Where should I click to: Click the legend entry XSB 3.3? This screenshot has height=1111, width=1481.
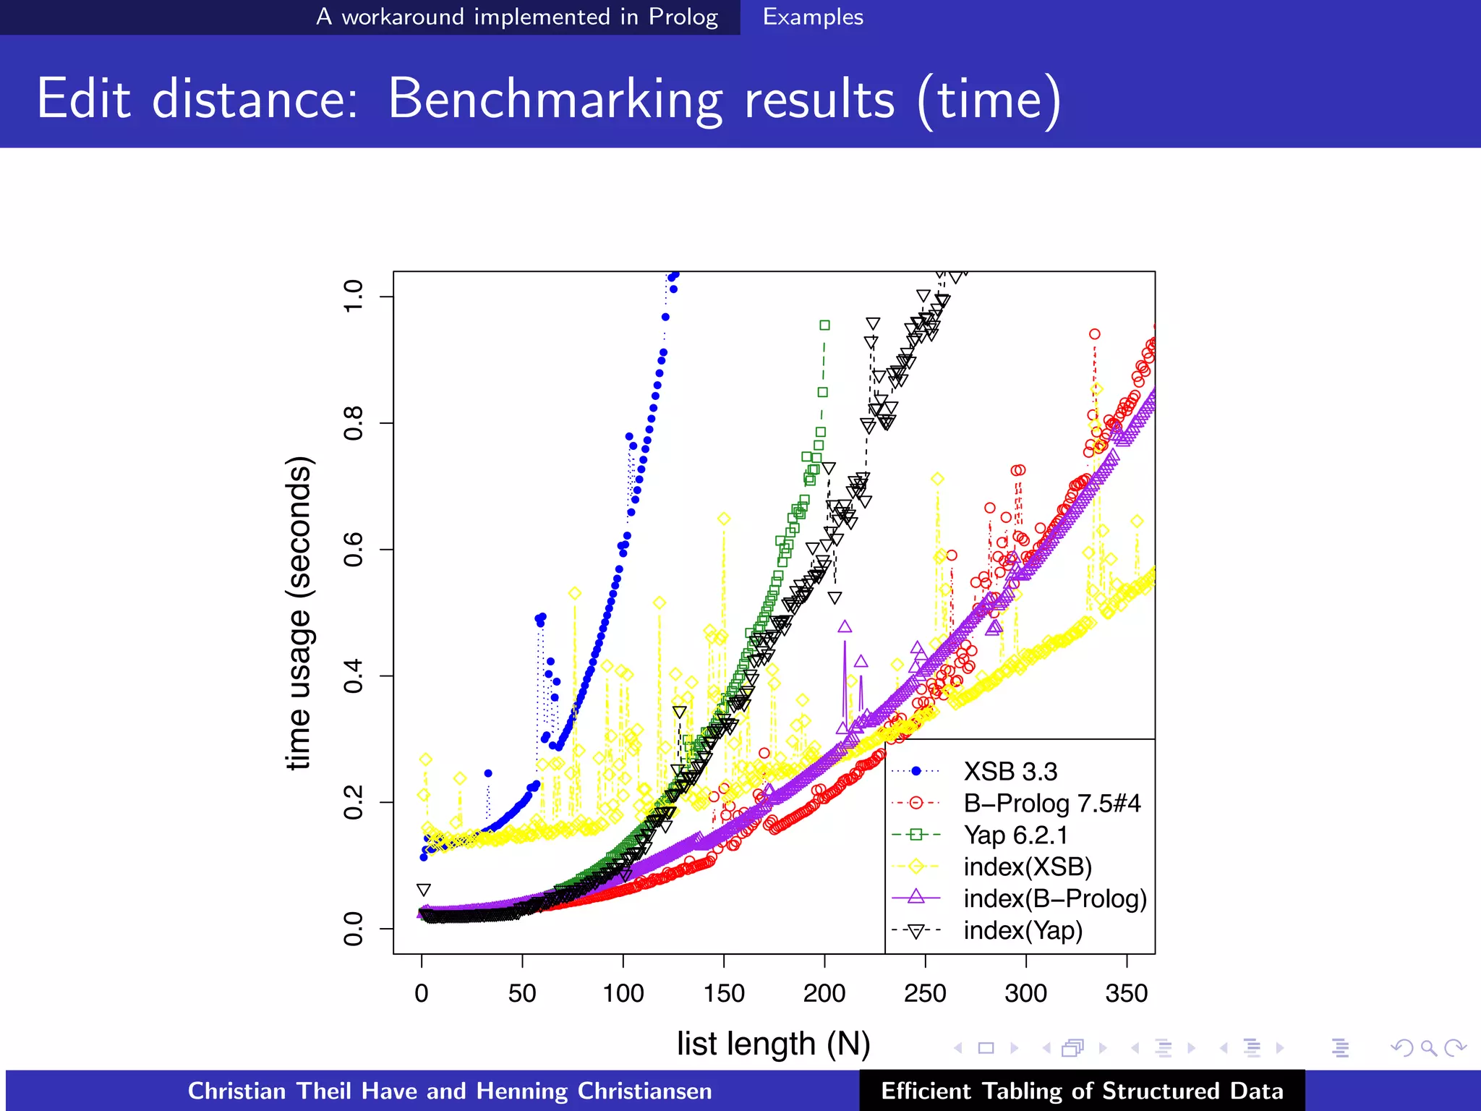1010,772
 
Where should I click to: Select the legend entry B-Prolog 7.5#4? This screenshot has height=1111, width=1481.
1051,804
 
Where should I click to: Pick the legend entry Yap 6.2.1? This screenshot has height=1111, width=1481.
1015,835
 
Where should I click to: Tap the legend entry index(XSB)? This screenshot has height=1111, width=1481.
1027,867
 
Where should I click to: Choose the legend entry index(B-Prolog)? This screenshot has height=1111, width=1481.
1054,898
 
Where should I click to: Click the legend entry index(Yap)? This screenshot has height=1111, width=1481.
1023,930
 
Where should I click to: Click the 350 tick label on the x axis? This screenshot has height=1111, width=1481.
1126,993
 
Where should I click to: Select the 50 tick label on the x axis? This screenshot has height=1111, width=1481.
522,993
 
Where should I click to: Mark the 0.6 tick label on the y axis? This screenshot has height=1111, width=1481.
354,550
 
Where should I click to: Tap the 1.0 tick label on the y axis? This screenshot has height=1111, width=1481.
354,297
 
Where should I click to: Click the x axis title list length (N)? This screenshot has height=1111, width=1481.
773,1044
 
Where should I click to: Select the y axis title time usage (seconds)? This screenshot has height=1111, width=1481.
299,613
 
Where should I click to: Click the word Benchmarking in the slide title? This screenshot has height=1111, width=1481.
555,99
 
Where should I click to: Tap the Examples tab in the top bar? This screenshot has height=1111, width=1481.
813,17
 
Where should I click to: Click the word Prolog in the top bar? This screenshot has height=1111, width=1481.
683,17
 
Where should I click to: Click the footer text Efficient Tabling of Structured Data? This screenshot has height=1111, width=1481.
1082,1091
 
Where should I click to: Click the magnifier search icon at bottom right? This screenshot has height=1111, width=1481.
1428,1047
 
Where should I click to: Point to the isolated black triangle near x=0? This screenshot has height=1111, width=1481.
424,890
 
